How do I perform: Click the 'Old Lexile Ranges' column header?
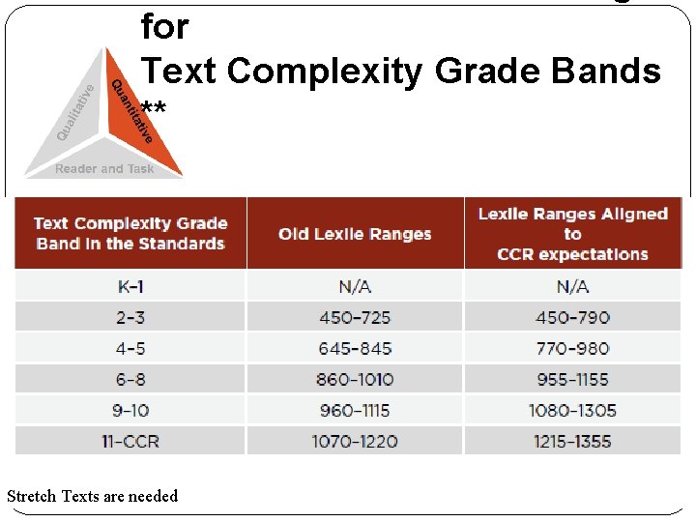click(355, 234)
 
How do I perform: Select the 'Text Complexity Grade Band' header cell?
click(130, 234)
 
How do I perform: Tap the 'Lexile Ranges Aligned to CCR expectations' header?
click(572, 234)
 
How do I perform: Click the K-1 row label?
click(130, 286)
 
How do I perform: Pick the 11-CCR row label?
click(130, 441)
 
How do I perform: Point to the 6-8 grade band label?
click(130, 379)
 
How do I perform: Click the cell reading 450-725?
click(355, 317)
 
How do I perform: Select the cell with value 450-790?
click(572, 317)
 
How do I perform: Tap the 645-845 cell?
click(355, 348)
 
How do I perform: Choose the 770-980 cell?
click(572, 348)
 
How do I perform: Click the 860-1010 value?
click(355, 379)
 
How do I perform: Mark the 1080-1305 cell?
click(572, 410)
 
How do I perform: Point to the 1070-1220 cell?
click(355, 441)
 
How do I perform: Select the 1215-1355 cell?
click(572, 441)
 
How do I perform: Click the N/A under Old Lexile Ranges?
click(355, 286)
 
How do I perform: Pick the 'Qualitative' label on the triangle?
click(75, 112)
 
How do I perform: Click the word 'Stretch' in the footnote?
click(32, 496)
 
